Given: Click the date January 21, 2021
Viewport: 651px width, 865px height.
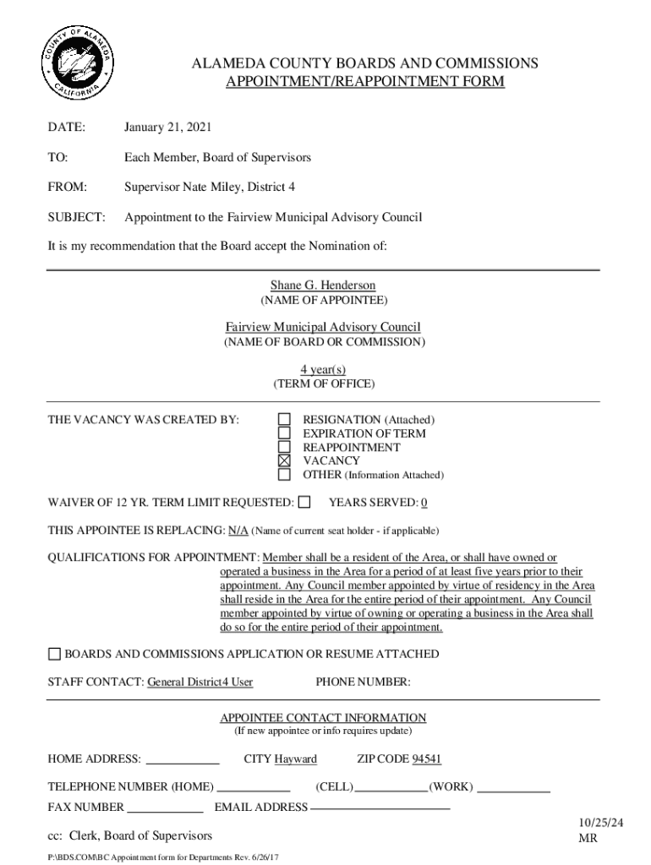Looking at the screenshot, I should (167, 128).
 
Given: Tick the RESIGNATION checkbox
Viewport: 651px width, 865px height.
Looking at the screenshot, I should (285, 420).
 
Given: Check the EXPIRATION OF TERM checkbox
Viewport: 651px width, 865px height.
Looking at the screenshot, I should (285, 433).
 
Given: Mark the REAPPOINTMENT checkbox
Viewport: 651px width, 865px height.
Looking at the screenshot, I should (285, 447).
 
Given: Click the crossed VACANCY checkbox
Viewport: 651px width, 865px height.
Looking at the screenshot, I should (285, 461).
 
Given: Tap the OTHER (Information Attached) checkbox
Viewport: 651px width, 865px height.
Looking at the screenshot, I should (285, 475).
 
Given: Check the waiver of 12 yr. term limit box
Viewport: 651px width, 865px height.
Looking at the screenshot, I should (305, 503).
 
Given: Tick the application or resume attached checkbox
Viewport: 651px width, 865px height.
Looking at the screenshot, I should (55, 654).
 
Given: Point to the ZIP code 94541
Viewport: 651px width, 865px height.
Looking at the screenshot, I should (426, 759).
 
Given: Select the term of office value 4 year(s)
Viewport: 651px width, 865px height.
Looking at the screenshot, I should (323, 370).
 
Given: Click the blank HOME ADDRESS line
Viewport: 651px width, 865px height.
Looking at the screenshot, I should (183, 760).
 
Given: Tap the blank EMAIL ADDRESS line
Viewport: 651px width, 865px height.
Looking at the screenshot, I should (380, 808).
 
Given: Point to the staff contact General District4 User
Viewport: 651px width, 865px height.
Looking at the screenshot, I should (200, 683).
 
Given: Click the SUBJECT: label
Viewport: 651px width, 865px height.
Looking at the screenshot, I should (77, 217).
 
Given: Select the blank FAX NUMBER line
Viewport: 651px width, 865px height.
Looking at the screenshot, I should (165, 808).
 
